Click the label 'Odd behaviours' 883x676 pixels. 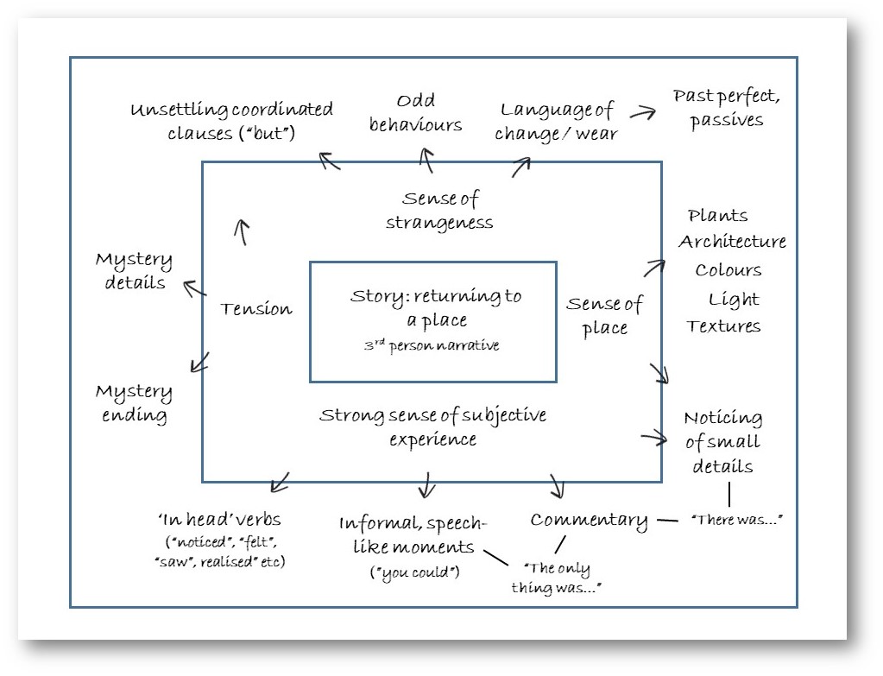pyautogui.click(x=415, y=113)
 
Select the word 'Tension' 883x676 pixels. pyautogui.click(x=255, y=308)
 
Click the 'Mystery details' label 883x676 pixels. pyautogui.click(x=134, y=271)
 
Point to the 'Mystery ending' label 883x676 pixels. pyautogui.click(x=134, y=403)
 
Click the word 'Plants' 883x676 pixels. pyautogui.click(x=718, y=215)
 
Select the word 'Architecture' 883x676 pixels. pyautogui.click(x=732, y=242)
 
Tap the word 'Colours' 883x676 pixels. pyautogui.click(x=728, y=270)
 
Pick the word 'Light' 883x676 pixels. pyautogui.click(x=734, y=299)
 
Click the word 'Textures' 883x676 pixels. pyautogui.click(x=724, y=326)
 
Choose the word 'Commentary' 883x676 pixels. pyautogui.click(x=589, y=520)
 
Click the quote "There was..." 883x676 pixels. pyautogui.click(x=729, y=520)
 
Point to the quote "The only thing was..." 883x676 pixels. pyautogui.click(x=562, y=578)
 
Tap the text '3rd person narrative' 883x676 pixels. pyautogui.click(x=432, y=346)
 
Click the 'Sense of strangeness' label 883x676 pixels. pyautogui.click(x=440, y=211)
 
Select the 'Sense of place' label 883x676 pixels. pyautogui.click(x=604, y=315)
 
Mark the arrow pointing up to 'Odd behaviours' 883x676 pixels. pyautogui.click(x=426, y=160)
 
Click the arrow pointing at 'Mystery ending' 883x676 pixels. pyautogui.click(x=199, y=361)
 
